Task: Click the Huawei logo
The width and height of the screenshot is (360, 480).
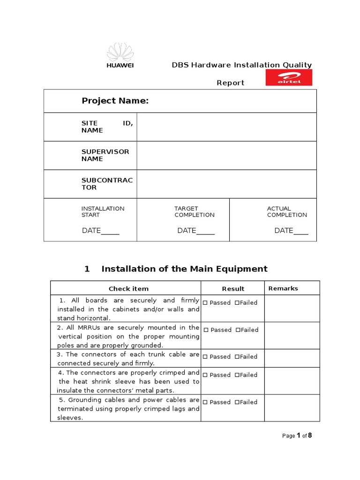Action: [120, 55]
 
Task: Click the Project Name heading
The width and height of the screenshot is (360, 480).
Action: [115, 101]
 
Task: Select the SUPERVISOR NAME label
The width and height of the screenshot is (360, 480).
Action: [99, 155]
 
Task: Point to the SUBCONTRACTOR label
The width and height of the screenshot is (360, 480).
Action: [100, 184]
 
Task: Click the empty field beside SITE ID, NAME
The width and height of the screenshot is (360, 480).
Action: [226, 127]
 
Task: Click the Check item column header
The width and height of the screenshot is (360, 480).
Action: [128, 289]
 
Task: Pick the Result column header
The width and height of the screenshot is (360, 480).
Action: [233, 289]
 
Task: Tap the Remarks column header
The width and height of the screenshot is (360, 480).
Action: [283, 288]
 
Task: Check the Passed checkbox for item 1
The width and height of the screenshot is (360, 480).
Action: [205, 303]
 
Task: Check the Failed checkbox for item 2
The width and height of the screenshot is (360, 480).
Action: [238, 330]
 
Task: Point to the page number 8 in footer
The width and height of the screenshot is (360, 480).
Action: [309, 435]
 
